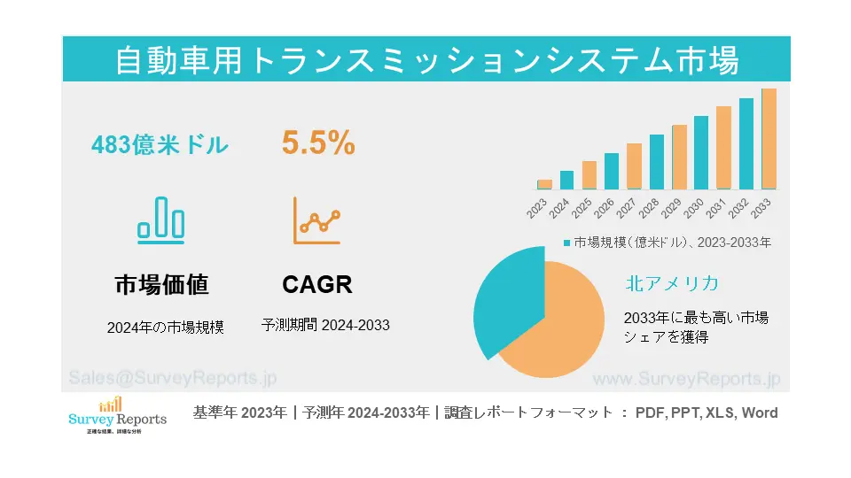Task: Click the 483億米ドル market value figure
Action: click(160, 145)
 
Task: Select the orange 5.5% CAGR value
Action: click(318, 143)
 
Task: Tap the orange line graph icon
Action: click(316, 220)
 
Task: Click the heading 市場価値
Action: click(161, 284)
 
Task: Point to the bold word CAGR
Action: click(316, 284)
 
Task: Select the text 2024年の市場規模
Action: click(165, 327)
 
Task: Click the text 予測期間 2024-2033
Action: click(325, 325)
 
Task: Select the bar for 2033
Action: click(769, 139)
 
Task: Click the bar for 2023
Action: click(544, 184)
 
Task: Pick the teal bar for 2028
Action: click(656, 162)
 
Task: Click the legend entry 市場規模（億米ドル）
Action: click(669, 242)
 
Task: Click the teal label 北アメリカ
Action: click(671, 283)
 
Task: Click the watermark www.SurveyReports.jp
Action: click(685, 378)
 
